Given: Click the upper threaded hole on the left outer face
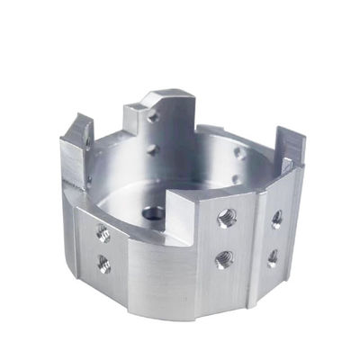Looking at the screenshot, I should [103, 234].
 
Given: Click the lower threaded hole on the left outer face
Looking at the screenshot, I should [103, 264].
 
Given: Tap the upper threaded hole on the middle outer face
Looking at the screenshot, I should [226, 218].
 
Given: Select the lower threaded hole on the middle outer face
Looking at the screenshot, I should [223, 259].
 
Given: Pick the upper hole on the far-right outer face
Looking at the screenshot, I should [277, 219].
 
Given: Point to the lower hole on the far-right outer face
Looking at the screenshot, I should [273, 257].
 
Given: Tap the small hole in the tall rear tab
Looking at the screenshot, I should [154, 117].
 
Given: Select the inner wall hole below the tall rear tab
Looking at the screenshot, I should [152, 149].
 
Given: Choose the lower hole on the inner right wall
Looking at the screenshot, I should [235, 179].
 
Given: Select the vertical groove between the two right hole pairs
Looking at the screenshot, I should [255, 238].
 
